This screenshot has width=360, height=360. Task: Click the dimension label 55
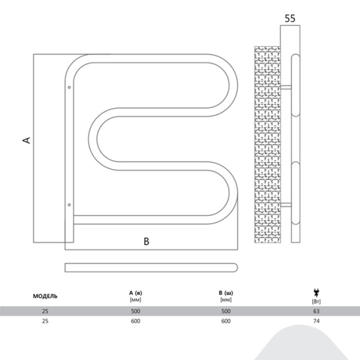point(290,19)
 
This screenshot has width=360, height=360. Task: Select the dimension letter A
point(27,140)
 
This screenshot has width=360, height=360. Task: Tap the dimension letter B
point(146,242)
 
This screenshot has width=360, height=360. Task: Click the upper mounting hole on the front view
point(70,87)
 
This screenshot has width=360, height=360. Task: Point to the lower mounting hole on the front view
point(70,205)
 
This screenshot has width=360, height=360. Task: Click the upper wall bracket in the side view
point(286,87)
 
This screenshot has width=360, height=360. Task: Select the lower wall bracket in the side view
point(286,205)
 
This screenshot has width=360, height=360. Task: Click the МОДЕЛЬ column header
point(45,296)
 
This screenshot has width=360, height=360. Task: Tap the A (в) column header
point(136,293)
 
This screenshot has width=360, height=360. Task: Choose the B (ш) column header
point(226,293)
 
